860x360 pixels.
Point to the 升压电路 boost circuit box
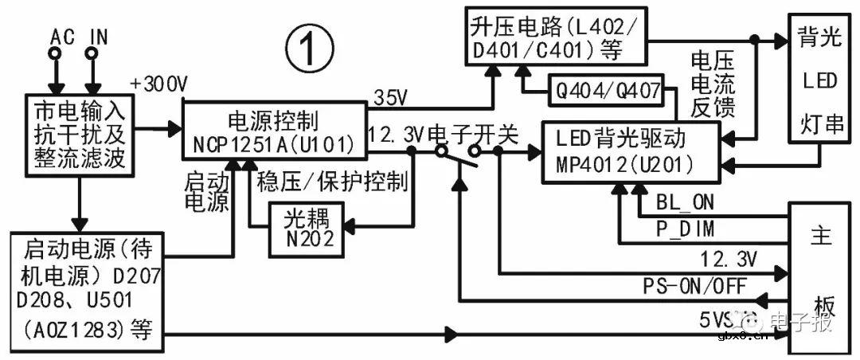coord(557,37)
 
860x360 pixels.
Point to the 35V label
coord(390,99)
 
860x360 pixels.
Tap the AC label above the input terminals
coord(62,37)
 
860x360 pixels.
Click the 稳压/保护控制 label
coord(332,181)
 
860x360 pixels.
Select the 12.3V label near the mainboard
coord(729,257)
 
